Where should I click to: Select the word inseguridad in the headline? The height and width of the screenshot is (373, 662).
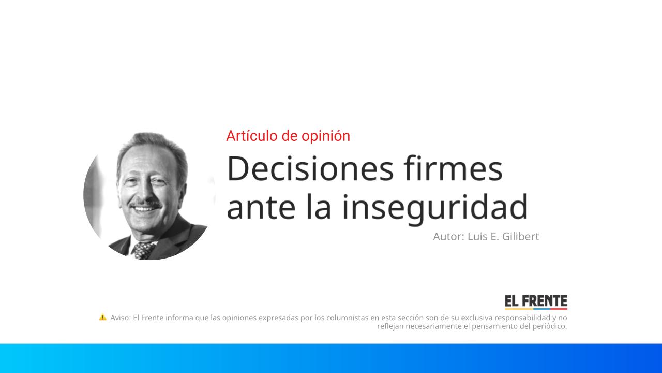[x=435, y=207]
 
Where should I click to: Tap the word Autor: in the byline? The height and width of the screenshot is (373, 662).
[x=448, y=237]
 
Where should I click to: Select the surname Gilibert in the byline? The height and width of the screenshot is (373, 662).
[x=519, y=237]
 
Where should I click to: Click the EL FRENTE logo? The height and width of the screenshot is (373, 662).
[x=536, y=302]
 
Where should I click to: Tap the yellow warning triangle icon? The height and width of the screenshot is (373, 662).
[x=103, y=317]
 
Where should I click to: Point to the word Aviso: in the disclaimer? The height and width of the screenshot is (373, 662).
[x=121, y=318]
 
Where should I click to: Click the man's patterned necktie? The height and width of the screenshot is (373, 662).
[x=144, y=250]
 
